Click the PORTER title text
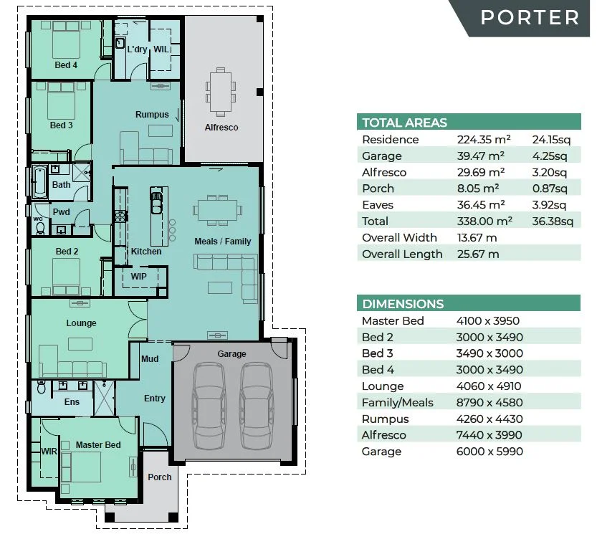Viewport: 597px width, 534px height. [530, 17]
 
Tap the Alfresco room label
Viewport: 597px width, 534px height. [221, 127]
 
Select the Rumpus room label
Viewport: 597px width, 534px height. [152, 114]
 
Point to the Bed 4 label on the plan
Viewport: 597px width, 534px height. [66, 65]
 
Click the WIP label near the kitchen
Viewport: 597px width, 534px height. [138, 276]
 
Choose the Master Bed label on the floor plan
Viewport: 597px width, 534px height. [98, 444]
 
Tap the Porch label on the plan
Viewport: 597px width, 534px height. [160, 477]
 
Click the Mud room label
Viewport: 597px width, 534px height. [150, 359]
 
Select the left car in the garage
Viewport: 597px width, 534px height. [208, 406]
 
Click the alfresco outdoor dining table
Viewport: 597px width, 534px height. [221, 92]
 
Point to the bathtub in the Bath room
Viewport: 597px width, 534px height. [39, 181]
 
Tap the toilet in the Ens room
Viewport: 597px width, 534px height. [42, 386]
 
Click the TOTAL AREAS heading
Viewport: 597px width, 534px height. [404, 123]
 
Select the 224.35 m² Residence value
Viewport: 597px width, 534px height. [484, 139]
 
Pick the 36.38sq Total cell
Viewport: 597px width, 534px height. [553, 221]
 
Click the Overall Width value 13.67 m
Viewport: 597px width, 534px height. [477, 238]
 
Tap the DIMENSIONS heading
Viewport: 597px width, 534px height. [403, 304]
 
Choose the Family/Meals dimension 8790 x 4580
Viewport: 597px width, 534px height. [489, 403]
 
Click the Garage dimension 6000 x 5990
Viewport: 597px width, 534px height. [489, 452]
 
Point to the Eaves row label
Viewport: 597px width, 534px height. [377, 205]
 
